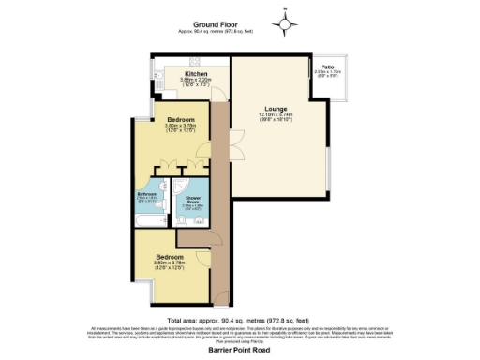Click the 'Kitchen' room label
tap(196, 73)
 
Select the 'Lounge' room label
tap(275, 108)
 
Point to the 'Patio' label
tap(327, 67)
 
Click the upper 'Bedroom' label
tap(181, 121)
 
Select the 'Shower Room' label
tap(193, 199)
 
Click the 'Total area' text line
tap(238, 319)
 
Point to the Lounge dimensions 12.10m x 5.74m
tap(275, 117)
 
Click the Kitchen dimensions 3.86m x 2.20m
tap(196, 82)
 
